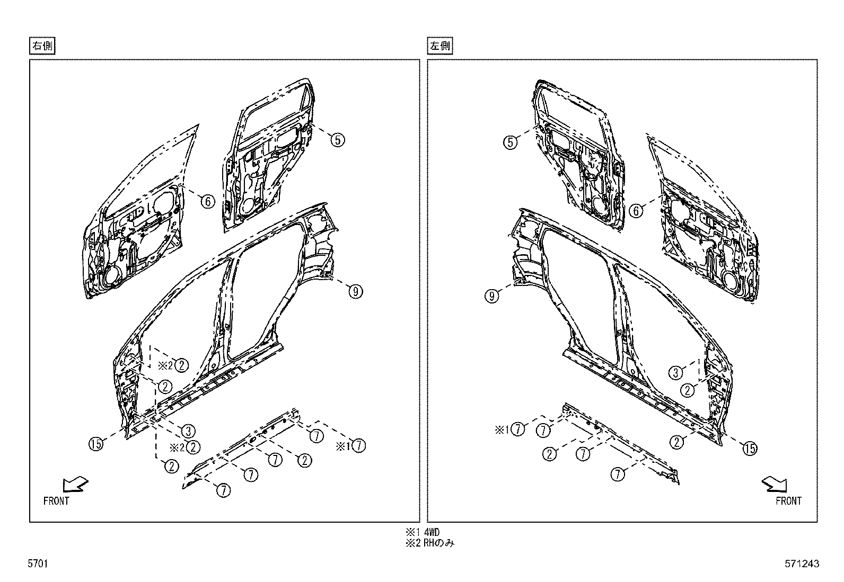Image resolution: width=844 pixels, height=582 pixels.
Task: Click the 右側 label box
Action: (42, 46)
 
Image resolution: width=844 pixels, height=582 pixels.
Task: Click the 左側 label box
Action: (440, 46)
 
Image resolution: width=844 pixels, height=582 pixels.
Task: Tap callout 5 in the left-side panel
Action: (510, 142)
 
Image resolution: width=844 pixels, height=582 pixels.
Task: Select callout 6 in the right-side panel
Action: (207, 201)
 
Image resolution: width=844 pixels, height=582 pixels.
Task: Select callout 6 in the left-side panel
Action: (636, 211)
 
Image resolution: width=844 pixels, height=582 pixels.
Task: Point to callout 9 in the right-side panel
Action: (355, 291)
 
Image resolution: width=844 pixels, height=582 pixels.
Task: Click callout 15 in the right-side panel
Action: (96, 444)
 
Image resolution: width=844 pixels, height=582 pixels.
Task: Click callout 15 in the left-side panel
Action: (750, 449)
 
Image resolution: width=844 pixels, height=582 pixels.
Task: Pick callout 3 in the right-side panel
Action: (187, 430)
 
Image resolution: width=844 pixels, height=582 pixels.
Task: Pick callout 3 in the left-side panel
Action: (675, 373)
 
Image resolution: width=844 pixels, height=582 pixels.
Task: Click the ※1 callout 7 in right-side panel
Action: (359, 446)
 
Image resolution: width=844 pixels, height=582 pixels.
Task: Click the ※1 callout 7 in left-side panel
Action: (518, 429)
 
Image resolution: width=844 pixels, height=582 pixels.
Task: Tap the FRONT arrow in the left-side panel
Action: (775, 484)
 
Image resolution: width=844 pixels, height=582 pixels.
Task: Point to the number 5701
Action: (38, 564)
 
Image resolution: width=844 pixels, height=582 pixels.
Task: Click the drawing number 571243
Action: (803, 564)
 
